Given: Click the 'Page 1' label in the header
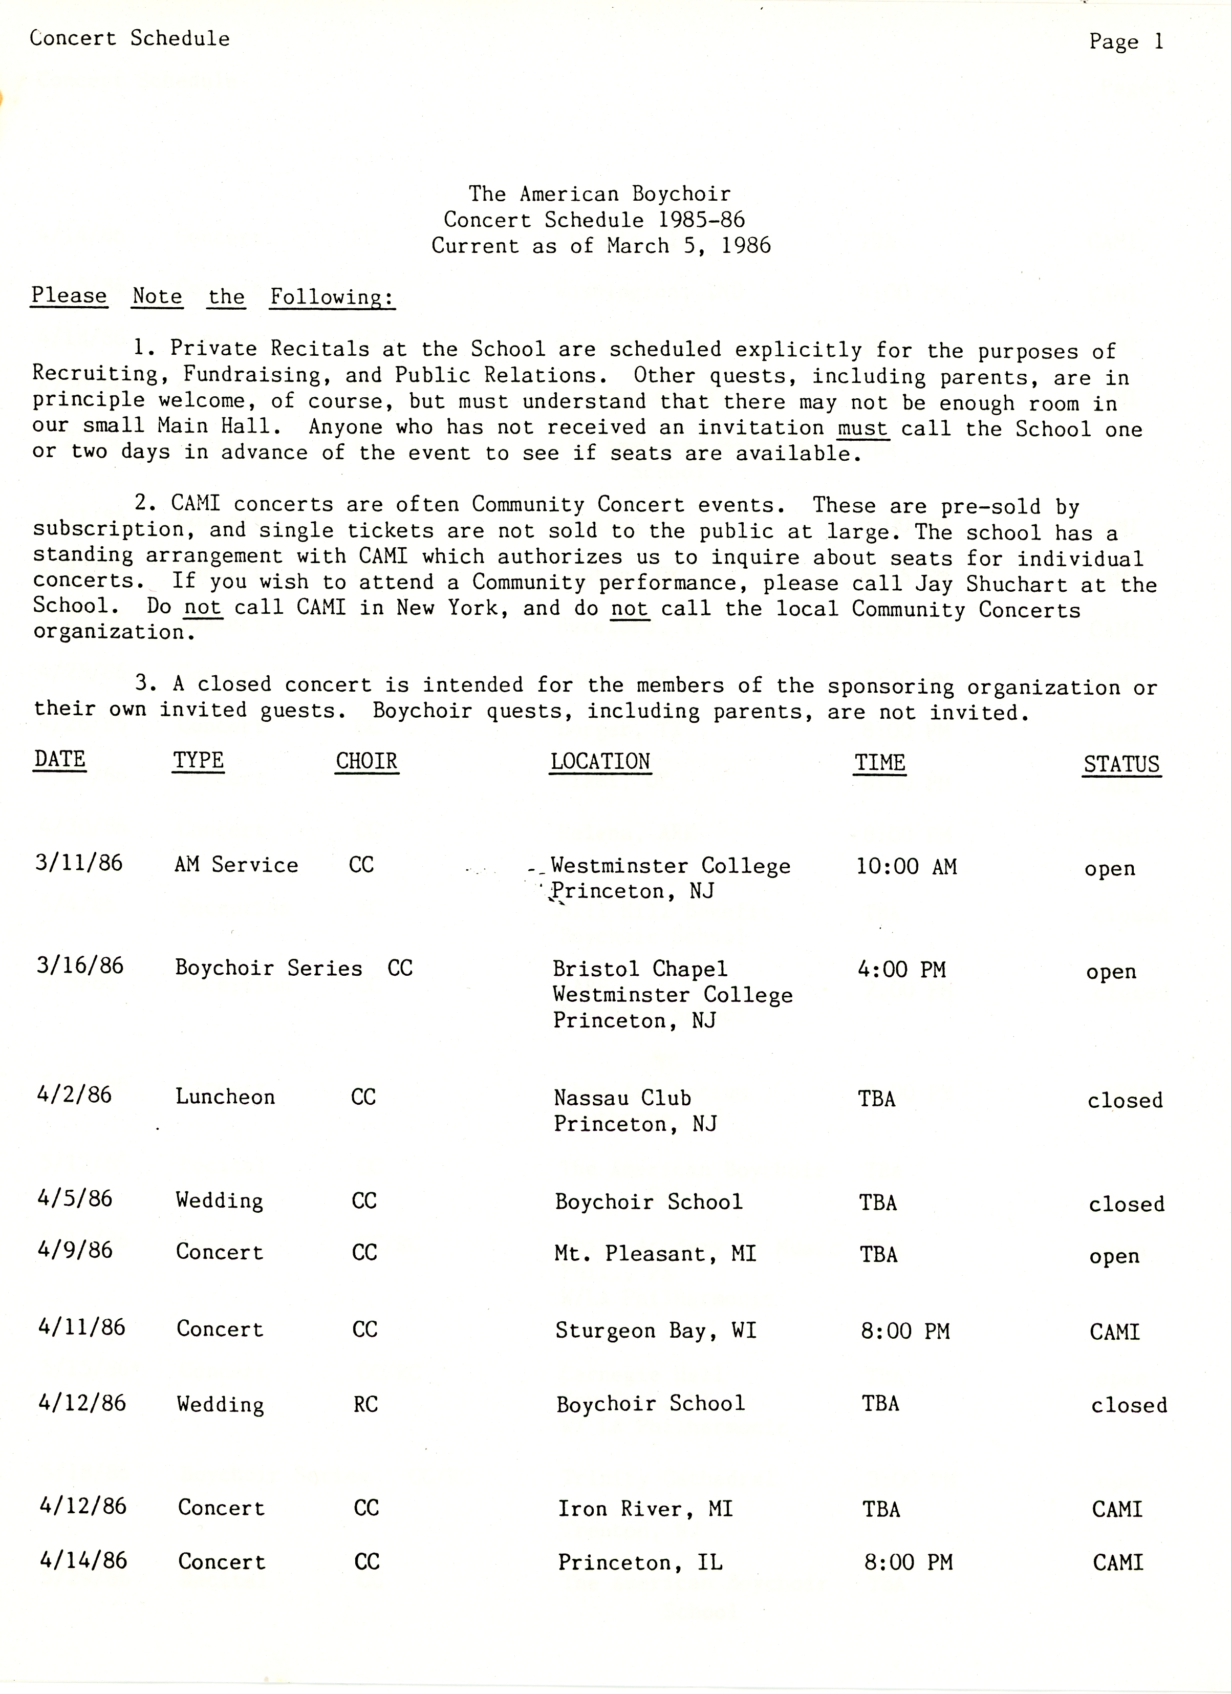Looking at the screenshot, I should pos(1126,42).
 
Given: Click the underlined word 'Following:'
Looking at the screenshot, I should pos(332,297).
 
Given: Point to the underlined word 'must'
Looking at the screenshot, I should pos(863,428).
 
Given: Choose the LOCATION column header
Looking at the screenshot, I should pos(600,762).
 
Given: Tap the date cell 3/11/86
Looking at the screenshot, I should pos(78,864).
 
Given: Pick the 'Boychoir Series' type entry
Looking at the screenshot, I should pos(268,968).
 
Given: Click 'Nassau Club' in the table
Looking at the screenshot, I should pos(622,1098).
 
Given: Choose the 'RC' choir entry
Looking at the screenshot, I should pos(365,1405).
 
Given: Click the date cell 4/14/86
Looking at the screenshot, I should pos(83,1560).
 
